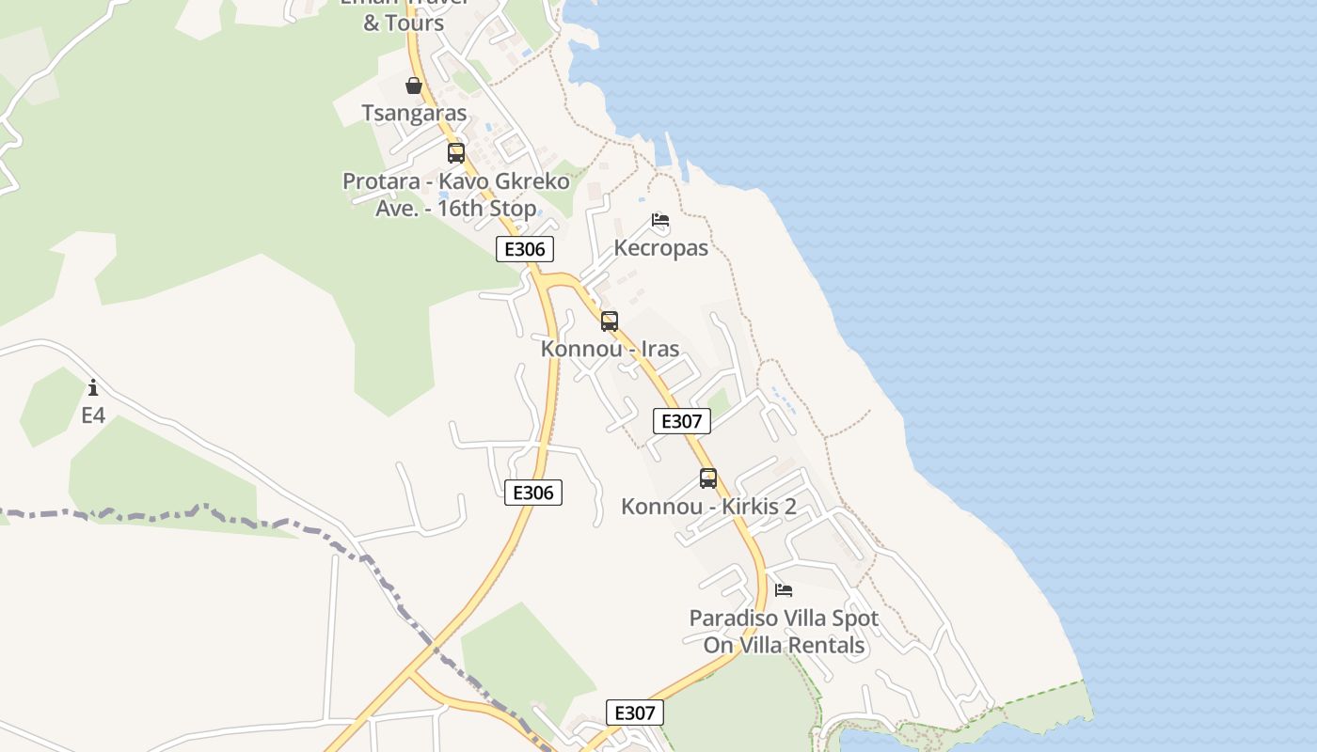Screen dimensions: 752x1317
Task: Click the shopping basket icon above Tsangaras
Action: (414, 86)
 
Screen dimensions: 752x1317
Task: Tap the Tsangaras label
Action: (414, 114)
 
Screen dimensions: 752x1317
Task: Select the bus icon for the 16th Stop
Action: (456, 153)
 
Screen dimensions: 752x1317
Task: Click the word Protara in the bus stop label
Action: (379, 181)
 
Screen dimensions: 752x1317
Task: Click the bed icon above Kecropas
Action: (660, 221)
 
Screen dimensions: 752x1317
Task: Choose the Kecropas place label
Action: (660, 248)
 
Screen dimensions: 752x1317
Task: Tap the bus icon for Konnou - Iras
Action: (610, 321)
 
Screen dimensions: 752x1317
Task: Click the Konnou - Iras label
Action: (610, 349)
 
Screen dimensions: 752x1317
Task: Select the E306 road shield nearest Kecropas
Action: (525, 249)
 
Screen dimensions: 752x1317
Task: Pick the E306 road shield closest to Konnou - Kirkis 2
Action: (533, 493)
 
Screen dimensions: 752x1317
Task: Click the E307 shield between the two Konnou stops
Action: (681, 421)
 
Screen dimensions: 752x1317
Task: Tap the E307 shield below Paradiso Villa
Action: (634, 713)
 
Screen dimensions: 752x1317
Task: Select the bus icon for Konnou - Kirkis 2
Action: (708, 478)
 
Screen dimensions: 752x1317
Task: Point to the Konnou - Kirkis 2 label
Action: (708, 507)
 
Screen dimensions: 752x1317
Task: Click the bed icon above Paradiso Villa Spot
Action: (784, 590)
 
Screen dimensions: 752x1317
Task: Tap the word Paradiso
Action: (730, 619)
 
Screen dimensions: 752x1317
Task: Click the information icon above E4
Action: (93, 387)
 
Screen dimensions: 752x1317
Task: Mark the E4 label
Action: (93, 415)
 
